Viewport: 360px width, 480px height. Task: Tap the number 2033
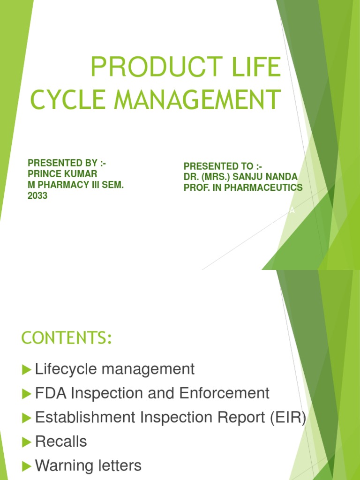[x=37, y=196]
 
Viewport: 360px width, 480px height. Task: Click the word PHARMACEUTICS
[x=265, y=188]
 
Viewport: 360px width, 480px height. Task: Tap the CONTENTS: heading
[x=67, y=338]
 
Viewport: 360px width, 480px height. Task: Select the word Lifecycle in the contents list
[x=66, y=369]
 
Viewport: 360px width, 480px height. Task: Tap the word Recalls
[x=61, y=442]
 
